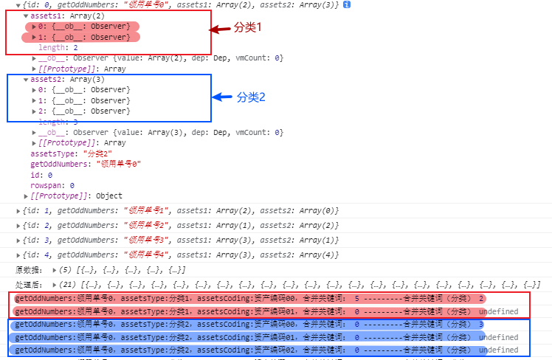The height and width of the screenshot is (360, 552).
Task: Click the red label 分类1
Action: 248,27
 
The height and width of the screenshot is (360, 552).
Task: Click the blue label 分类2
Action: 251,97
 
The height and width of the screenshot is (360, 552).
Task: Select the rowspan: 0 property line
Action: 52,186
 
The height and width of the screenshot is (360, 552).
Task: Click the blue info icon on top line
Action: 346,4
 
